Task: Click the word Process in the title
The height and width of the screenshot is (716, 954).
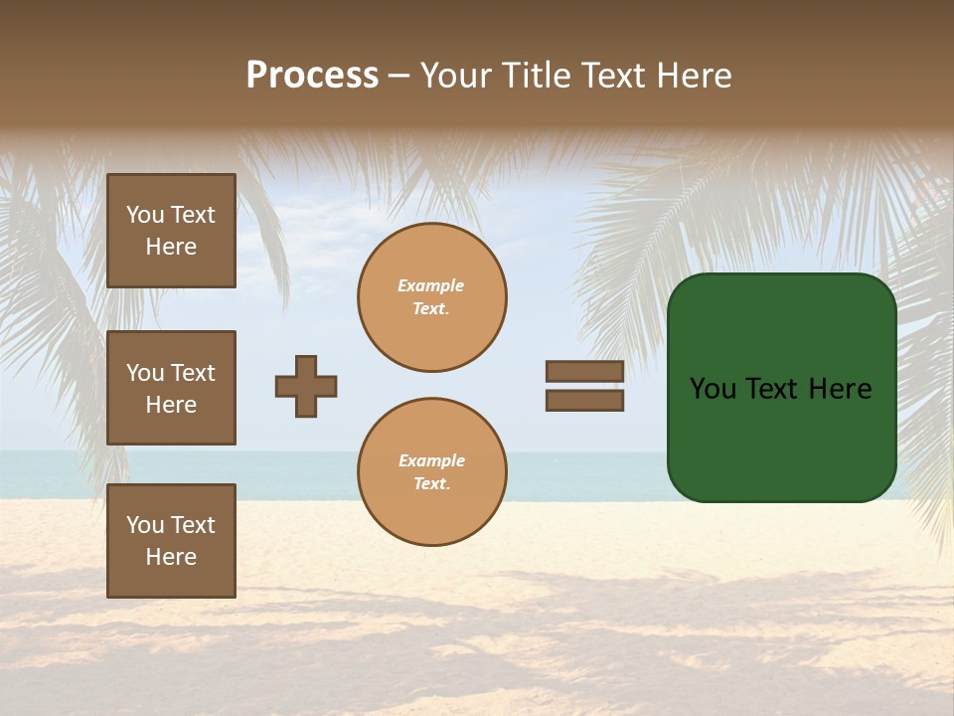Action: coord(312,76)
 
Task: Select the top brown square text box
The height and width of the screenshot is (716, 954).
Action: coord(171,231)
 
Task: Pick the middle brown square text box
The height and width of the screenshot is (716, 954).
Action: coord(171,388)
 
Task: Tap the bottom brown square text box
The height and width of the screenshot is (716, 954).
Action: coord(171,541)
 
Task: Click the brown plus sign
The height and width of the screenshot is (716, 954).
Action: coord(306,386)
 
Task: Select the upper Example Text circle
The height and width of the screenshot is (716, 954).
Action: coord(432,297)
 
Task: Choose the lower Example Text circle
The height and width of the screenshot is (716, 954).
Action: coord(432,472)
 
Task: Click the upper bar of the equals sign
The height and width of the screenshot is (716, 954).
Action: coord(584,372)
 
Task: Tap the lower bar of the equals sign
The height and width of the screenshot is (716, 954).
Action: coord(584,400)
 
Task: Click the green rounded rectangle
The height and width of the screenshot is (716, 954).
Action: coord(782,438)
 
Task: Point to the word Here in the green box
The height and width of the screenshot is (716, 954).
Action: coord(840,389)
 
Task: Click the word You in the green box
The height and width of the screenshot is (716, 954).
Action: coord(714,389)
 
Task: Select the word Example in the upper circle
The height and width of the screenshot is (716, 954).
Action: coord(431,285)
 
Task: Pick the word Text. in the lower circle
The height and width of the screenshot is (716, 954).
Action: coord(431,484)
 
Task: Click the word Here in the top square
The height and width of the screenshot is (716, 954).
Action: coord(171,247)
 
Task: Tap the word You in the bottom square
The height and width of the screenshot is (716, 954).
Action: coord(145,525)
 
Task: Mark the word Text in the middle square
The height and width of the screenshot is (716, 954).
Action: coord(193,373)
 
